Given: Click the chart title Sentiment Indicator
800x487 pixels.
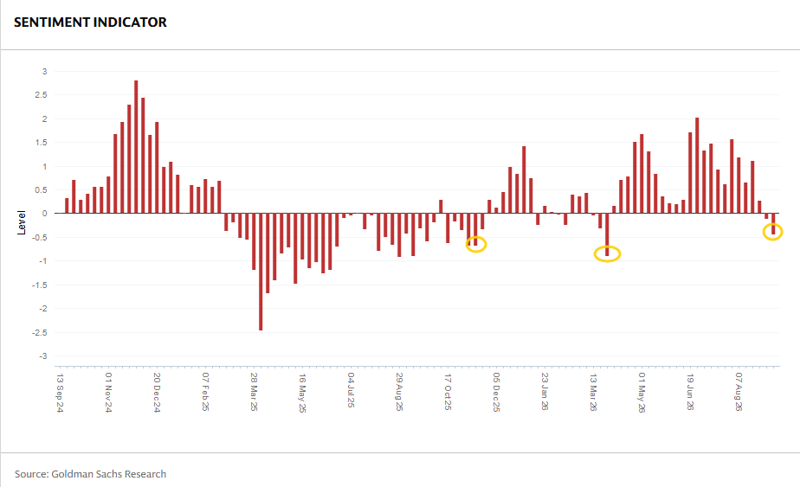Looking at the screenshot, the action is tap(90, 22).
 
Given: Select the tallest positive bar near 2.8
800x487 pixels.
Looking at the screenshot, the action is tap(136, 147).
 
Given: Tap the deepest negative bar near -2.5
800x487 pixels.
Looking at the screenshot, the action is tap(261, 272).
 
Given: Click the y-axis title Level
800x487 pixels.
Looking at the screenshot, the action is tap(22, 222).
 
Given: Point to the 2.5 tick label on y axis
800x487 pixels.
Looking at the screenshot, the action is tap(42, 95).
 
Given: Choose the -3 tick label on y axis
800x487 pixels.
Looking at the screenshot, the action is tap(43, 356).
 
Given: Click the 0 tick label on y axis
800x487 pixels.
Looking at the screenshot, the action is tap(45, 214).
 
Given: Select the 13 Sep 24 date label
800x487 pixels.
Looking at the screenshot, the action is tap(61, 393).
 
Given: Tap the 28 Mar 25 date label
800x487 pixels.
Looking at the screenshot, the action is tap(254, 393).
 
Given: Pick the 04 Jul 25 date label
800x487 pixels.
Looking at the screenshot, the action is tap(351, 390).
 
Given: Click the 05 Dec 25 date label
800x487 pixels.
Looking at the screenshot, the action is tap(496, 393).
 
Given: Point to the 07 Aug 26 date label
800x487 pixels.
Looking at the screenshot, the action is tap(739, 392).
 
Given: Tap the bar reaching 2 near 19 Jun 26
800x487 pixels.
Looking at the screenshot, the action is tap(697, 166).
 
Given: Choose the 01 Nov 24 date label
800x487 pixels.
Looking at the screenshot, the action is tap(109, 393).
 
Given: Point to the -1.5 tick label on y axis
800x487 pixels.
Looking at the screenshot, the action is tap(40, 285).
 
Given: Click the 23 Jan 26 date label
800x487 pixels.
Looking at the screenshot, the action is tap(545, 392).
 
